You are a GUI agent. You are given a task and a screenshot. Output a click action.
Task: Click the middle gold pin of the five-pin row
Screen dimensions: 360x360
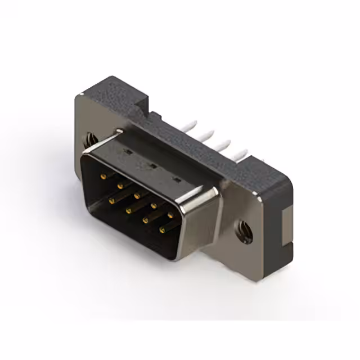click(137, 195)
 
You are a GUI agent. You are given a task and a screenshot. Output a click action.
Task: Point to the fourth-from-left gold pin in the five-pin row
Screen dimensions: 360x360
click(154, 205)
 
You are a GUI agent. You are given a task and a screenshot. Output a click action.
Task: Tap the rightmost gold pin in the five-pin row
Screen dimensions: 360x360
click(170, 215)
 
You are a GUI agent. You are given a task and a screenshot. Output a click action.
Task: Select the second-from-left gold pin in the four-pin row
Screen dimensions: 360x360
click(128, 209)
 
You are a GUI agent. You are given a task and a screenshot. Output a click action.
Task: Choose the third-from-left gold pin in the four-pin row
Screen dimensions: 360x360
click(146, 219)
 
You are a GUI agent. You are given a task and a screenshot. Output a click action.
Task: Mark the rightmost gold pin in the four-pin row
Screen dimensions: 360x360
click(163, 229)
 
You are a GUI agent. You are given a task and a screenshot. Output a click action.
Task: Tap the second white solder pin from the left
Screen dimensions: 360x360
click(209, 134)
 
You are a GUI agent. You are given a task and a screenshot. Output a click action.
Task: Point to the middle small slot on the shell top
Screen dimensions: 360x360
click(152, 166)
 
